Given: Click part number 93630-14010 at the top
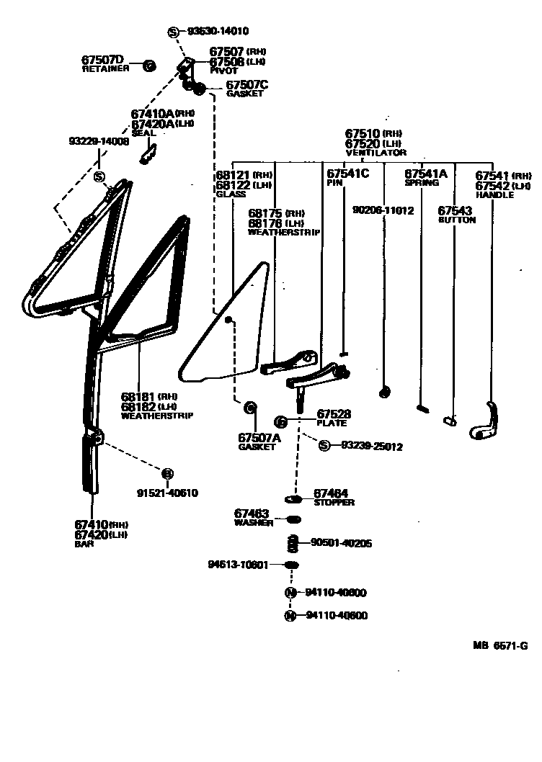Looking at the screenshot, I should [218, 32].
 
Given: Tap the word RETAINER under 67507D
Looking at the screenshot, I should [105, 68].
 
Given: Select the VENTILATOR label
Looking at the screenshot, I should [376, 153].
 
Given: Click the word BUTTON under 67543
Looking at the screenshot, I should [457, 220].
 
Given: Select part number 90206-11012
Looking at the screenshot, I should [383, 210].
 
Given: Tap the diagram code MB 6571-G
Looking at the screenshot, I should [499, 646].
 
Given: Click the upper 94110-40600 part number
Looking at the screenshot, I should [336, 593].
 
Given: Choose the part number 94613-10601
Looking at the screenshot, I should [238, 565].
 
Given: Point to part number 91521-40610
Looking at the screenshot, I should [167, 493].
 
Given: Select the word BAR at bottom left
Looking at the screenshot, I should [84, 544].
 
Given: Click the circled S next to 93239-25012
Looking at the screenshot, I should [324, 446].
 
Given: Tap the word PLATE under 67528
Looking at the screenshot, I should [332, 423].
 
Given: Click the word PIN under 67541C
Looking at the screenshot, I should [335, 183].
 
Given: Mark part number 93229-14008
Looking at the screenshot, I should [99, 141].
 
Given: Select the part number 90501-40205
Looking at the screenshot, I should [341, 543].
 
